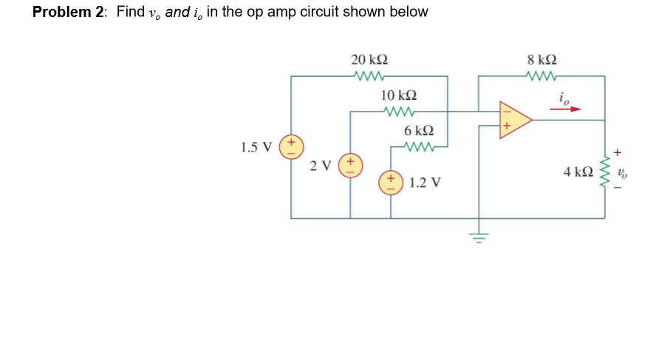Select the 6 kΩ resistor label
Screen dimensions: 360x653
(x=419, y=130)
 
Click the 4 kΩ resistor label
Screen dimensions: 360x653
(x=577, y=172)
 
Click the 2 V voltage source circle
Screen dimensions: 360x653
(x=350, y=165)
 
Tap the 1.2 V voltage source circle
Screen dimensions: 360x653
(x=391, y=182)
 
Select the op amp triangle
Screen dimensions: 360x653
(x=514, y=119)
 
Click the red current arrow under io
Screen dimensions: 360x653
(x=565, y=109)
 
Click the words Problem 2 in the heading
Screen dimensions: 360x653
(x=70, y=13)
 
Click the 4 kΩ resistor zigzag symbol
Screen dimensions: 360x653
(x=605, y=171)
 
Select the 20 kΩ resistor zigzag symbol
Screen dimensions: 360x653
(x=369, y=75)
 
